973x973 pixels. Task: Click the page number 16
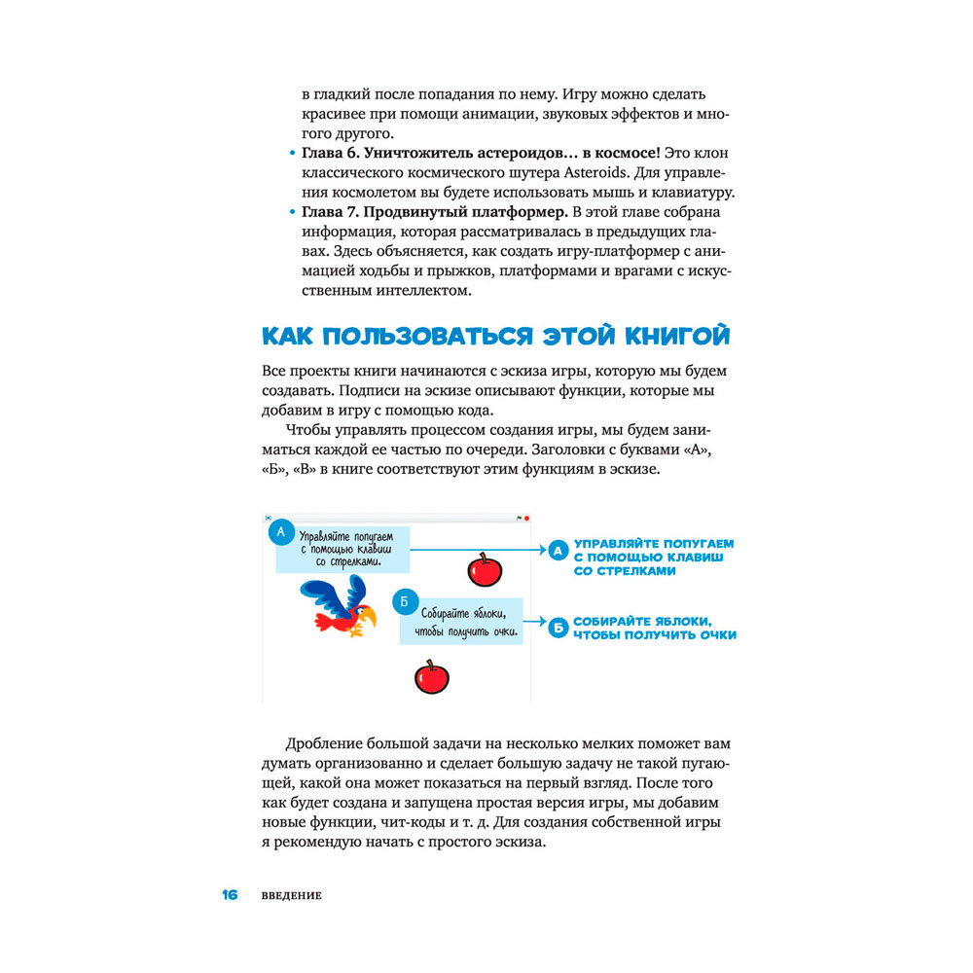[230, 895]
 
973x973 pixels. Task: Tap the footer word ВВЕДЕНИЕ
[291, 896]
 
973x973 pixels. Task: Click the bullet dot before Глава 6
[294, 154]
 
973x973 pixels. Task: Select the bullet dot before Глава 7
[294, 212]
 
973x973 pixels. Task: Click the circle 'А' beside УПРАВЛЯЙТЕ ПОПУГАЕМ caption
[558, 552]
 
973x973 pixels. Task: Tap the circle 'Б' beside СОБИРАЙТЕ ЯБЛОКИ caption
[558, 628]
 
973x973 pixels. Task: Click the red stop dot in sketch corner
[526, 518]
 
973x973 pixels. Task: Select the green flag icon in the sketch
[519, 518]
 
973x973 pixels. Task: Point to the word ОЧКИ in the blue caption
[714, 635]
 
